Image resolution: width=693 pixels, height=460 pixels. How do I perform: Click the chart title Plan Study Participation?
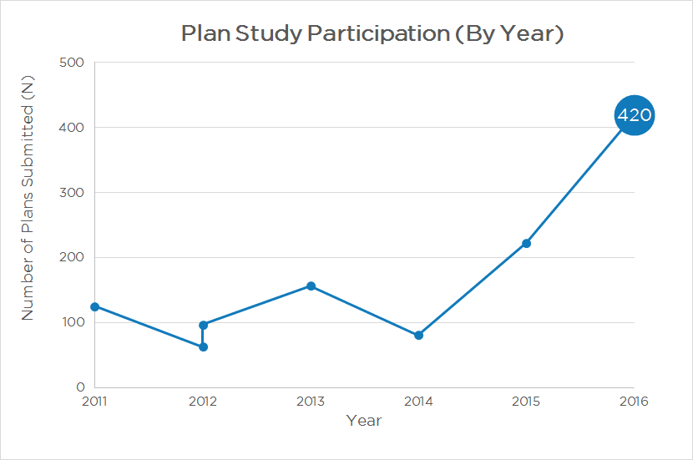tap(372, 34)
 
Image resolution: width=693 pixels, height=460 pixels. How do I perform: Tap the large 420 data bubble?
tap(634, 116)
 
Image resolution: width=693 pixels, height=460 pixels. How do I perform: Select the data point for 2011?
tap(95, 306)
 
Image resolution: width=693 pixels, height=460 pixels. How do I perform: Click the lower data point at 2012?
tap(203, 346)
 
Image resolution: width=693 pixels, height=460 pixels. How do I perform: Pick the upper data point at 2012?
tap(203, 325)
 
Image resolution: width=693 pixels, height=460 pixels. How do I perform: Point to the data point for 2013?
tap(311, 286)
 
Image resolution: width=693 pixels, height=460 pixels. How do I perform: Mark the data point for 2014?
tap(418, 336)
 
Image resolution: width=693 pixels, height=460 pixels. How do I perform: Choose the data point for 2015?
tap(526, 243)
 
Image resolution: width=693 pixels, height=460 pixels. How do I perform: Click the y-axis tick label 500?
tap(73, 63)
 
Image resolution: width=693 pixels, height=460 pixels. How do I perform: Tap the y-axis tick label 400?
tap(73, 128)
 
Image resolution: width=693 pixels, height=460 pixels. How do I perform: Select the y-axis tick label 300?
tap(73, 193)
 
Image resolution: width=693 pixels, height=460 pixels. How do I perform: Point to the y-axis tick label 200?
tap(73, 258)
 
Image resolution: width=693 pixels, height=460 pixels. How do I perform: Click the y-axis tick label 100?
tap(73, 323)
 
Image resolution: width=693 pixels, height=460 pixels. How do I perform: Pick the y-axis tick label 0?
tap(81, 388)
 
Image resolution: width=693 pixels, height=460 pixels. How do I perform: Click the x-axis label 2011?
tap(95, 402)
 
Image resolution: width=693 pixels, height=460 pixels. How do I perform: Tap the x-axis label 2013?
tap(311, 402)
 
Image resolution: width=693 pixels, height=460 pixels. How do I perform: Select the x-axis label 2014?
tap(418, 402)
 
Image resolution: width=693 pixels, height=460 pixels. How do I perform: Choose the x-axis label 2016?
tap(634, 402)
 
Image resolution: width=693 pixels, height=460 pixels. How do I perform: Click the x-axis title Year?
tap(364, 421)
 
